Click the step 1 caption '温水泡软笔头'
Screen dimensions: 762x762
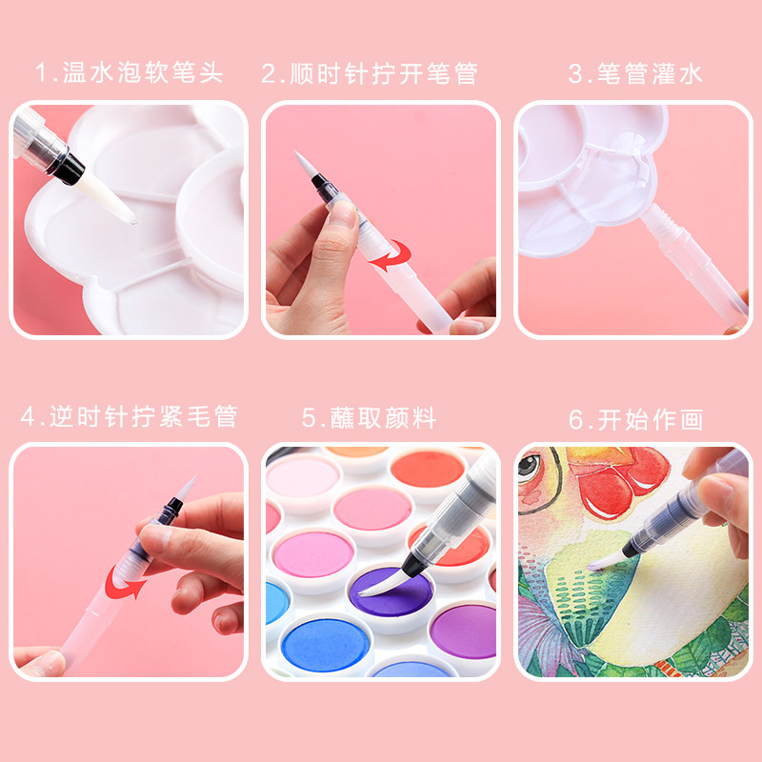pos(143,73)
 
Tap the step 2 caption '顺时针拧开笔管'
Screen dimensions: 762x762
pos(384,74)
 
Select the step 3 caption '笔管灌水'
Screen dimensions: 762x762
pos(650,74)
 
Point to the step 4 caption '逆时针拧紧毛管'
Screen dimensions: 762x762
pos(144,416)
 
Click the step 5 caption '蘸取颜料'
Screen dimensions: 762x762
pos(383,418)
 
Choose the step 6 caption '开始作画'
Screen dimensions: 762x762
pos(651,420)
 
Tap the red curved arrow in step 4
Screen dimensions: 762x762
pos(125,582)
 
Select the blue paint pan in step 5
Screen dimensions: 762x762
pos(326,645)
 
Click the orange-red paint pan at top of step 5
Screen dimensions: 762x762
pos(427,469)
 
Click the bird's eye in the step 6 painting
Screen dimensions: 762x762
pos(528,465)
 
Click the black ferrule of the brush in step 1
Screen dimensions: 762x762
pos(68,169)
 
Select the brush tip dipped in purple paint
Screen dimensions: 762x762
pos(384,583)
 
